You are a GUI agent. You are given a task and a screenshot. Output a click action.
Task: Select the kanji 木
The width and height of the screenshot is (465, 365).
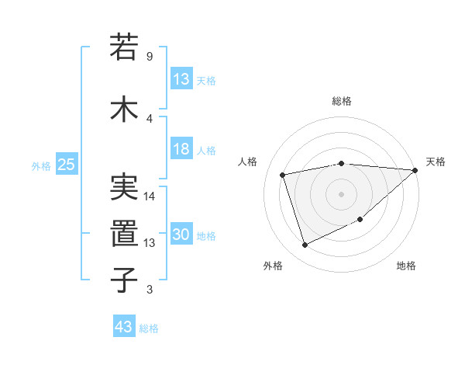(125, 109)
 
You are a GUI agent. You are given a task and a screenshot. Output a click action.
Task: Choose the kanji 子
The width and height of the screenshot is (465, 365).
(125, 280)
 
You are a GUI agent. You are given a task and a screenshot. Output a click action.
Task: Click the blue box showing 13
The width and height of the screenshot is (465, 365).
(181, 78)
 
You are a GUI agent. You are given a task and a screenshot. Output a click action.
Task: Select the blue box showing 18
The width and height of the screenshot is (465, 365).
(181, 149)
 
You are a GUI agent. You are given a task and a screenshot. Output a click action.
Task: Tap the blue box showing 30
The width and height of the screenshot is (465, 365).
(181, 235)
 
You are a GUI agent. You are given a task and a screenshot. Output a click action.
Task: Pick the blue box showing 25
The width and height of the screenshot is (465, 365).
(66, 165)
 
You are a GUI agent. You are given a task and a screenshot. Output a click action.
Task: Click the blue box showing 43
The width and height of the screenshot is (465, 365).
(124, 327)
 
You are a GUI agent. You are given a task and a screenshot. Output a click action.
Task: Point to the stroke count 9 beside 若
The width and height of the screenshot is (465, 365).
(149, 57)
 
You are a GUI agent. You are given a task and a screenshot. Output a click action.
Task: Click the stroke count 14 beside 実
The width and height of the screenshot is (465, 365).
(150, 196)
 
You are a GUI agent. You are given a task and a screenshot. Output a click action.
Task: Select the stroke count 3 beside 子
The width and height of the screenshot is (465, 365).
(149, 290)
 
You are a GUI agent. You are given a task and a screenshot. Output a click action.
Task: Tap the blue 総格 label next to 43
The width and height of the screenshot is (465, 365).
(149, 328)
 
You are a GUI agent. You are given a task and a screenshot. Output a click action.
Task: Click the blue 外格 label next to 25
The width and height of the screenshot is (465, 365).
(41, 165)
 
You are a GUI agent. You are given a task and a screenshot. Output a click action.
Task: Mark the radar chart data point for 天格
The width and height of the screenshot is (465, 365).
(415, 171)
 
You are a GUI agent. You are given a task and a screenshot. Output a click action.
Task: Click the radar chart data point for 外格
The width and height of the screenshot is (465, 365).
(305, 245)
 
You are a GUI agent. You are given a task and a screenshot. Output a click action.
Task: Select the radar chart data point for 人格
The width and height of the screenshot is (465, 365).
(283, 174)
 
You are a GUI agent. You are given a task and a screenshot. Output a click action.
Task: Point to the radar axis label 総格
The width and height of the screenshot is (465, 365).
(342, 101)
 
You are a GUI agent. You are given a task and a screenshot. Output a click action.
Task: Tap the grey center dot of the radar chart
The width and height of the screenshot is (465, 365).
(342, 193)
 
